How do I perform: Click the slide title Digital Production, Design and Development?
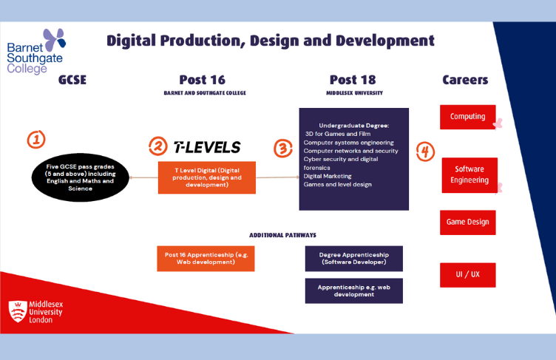[270, 40]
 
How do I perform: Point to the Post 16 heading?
[202, 80]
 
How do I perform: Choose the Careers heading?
[465, 80]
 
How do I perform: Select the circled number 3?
[283, 148]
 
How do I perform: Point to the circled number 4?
[425, 152]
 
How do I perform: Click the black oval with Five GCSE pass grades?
[78, 177]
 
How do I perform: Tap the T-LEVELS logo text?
[206, 147]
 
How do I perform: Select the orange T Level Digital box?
[206, 177]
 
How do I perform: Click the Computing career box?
[467, 117]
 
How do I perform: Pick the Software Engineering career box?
[469, 174]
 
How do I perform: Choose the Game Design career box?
[467, 222]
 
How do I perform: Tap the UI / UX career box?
[467, 274]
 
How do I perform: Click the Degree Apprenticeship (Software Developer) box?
[353, 259]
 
